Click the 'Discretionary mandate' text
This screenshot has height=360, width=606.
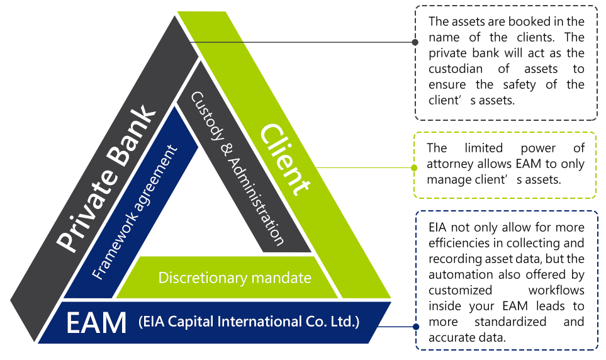[x=235, y=277]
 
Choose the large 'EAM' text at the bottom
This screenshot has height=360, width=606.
[x=96, y=323]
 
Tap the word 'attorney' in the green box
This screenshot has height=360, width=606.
[x=449, y=164]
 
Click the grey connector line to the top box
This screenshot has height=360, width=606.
[x=302, y=42]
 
